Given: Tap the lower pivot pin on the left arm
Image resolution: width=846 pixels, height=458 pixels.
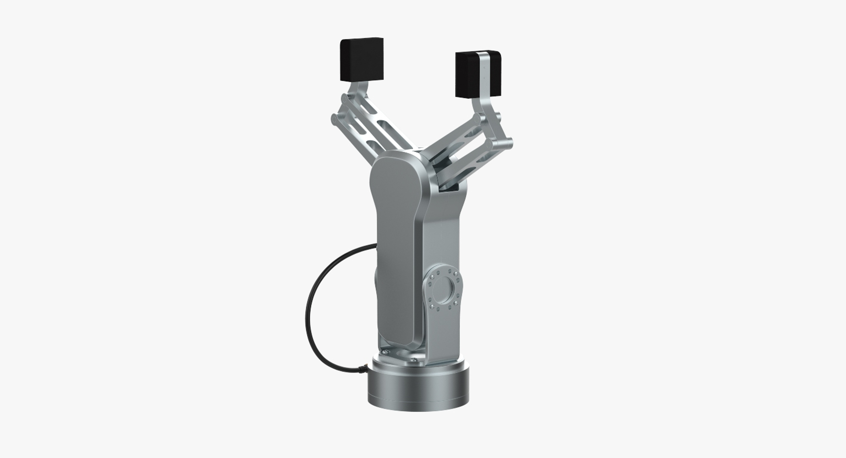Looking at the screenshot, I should point(335,119).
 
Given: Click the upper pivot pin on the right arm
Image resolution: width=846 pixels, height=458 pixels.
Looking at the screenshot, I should point(497,117).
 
